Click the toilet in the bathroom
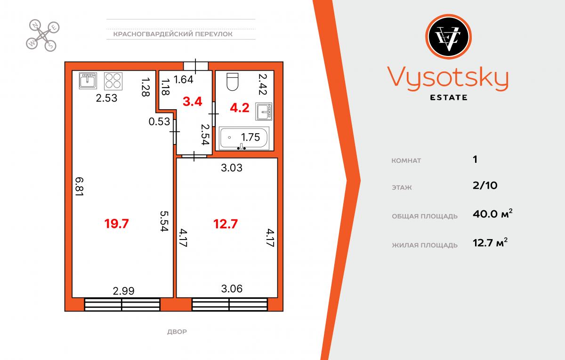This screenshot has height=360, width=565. pos(232,82)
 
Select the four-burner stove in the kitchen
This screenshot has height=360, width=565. pos(113,81)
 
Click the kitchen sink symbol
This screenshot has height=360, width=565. pos(88,80)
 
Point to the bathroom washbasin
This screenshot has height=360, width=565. pos(264,112)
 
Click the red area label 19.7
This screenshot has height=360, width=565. pos(117,224)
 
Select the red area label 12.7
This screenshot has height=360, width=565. pos(226,224)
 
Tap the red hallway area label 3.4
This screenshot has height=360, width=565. pos(193,102)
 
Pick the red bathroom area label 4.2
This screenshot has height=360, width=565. pos(240,108)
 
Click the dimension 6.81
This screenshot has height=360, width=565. pos(79,186)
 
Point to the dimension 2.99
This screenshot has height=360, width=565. pos(123,291)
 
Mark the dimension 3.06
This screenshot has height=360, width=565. pos(232,288)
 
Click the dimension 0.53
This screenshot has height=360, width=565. pos(160,122)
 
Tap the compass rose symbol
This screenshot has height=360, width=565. pos(43,36)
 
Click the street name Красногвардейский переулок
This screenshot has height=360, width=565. pos(173,34)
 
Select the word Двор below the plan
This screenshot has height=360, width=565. pos(177,332)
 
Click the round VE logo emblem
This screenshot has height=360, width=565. pos(448,37)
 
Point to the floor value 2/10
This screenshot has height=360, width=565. pos(485,185)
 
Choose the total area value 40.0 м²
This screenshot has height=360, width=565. pos(492,214)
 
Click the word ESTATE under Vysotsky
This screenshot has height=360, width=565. pos(448,97)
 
